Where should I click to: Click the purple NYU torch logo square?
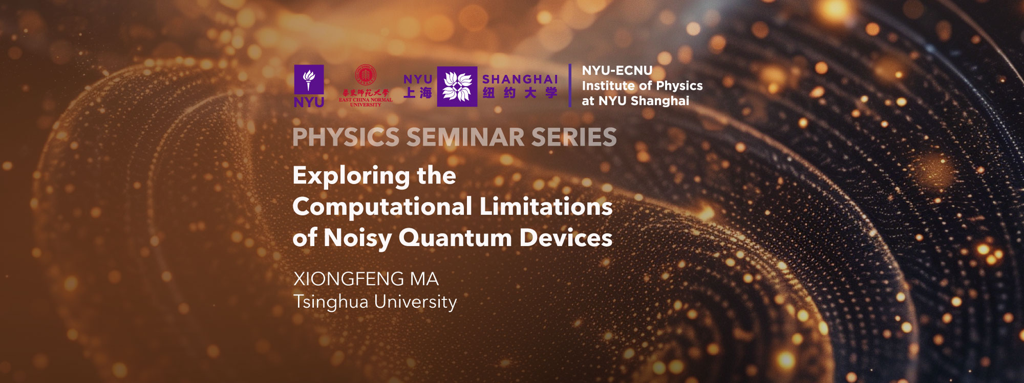[309, 79]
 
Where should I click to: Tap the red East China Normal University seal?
[366, 75]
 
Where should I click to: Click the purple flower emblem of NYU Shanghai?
[457, 86]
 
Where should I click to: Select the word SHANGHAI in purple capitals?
[520, 79]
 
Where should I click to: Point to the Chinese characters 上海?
[418, 93]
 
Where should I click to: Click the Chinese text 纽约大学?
[520, 93]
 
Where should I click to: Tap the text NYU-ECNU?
[617, 71]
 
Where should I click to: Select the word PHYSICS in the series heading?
[346, 137]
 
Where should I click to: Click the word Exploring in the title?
[351, 176]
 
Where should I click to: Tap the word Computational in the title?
[382, 207]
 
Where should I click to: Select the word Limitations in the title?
[546, 207]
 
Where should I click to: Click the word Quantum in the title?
[455, 238]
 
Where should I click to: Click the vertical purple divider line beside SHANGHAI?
[570, 86]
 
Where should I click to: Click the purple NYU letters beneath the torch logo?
[309, 102]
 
